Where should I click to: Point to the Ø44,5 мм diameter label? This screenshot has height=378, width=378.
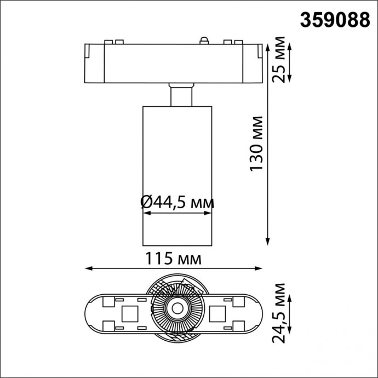[x=177, y=202]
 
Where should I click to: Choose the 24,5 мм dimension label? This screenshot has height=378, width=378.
[x=279, y=312]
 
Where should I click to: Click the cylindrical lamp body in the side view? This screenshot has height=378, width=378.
[x=176, y=164]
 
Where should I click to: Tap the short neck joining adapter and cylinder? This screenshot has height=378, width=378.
[x=181, y=94]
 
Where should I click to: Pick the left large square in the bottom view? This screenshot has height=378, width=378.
[x=130, y=313]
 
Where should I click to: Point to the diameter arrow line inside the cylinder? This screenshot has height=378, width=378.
[x=176, y=215]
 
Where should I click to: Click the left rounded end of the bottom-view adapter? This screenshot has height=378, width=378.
[x=92, y=313]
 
